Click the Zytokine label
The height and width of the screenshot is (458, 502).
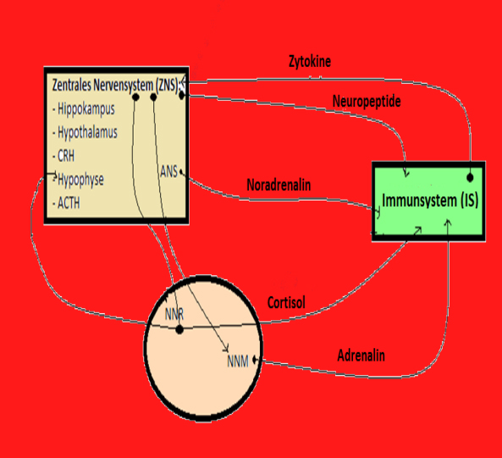(310, 62)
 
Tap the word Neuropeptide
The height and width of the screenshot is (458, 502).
(367, 102)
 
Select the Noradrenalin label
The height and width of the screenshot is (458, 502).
(279, 185)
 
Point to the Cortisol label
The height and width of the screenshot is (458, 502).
(286, 302)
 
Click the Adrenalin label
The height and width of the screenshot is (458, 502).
(361, 356)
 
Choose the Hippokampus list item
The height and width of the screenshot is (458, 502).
(84, 109)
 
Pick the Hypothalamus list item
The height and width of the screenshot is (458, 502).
(85, 133)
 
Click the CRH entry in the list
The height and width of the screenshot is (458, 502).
(63, 156)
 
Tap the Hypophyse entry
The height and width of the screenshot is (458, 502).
(79, 179)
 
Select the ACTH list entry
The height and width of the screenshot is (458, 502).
(66, 203)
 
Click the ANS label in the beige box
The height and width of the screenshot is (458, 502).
(168, 172)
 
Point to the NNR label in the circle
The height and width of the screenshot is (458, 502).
(174, 314)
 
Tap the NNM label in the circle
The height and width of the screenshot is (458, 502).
(238, 361)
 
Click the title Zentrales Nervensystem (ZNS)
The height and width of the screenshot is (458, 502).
(115, 86)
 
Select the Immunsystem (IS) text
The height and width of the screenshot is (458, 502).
(430, 201)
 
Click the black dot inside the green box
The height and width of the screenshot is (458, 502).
(470, 178)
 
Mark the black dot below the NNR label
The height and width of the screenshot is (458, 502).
(179, 329)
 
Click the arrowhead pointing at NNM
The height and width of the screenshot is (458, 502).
(226, 349)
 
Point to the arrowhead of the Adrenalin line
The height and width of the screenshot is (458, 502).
(448, 223)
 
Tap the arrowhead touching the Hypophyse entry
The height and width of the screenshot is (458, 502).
(55, 174)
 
